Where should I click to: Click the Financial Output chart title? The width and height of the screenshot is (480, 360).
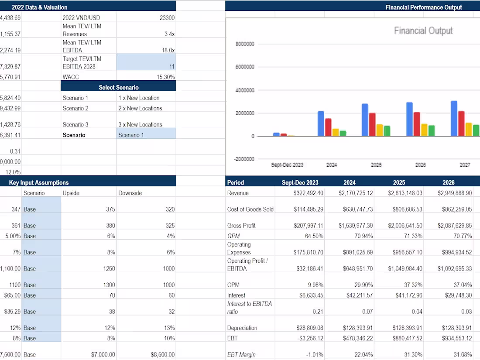point(423,31)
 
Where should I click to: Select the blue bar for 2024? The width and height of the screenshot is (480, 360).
point(321,123)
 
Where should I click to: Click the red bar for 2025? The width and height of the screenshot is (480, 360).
point(372,124)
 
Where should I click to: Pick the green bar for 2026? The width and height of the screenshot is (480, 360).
point(431,130)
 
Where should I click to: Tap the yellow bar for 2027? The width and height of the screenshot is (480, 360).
point(469,129)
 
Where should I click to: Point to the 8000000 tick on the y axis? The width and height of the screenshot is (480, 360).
point(244,44)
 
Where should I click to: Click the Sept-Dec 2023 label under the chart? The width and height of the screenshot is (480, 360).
point(287,165)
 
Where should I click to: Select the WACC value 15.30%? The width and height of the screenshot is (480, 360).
point(166,77)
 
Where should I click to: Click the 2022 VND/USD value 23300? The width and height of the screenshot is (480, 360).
point(168,18)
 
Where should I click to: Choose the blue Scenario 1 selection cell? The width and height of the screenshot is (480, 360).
point(146,135)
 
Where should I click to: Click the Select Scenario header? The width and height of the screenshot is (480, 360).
point(118,87)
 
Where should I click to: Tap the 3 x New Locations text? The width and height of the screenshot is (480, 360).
point(140,124)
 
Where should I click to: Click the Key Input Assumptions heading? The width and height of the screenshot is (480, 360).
point(38,182)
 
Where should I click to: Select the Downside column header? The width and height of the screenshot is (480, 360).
point(130,193)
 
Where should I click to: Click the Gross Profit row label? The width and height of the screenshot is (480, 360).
point(241,226)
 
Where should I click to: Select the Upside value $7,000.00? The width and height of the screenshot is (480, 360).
point(103,354)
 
